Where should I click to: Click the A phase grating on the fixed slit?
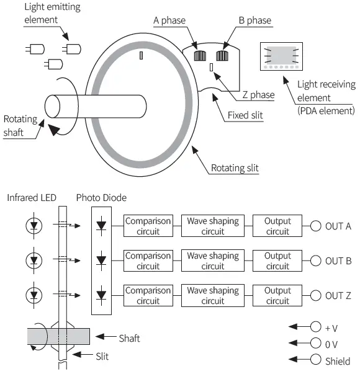(x=200, y=55)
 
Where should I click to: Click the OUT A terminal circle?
(x=316, y=226)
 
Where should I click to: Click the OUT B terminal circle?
(x=316, y=260)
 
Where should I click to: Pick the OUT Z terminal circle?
(x=316, y=295)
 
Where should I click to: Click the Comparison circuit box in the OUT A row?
(x=147, y=226)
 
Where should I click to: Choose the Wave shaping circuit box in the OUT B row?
(x=212, y=260)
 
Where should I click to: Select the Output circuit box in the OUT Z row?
(x=277, y=295)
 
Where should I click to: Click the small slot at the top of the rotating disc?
(x=142, y=56)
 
